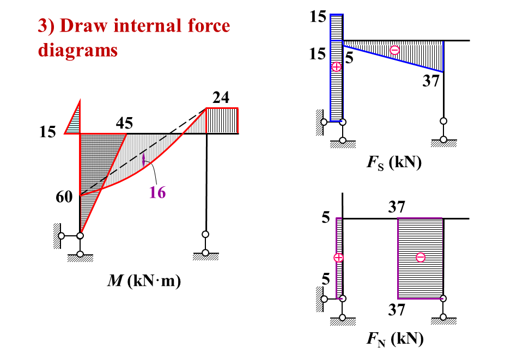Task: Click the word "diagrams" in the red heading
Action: (78, 50)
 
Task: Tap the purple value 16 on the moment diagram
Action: (158, 192)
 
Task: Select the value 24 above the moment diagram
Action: (221, 98)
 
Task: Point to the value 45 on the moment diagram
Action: (124, 124)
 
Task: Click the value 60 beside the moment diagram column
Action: (64, 197)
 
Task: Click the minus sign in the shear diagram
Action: (395, 50)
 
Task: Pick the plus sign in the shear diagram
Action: (336, 66)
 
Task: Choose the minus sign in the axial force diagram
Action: (420, 257)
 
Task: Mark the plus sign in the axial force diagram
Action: (339, 257)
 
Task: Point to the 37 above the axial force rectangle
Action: (397, 207)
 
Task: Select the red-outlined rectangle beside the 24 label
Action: (222, 120)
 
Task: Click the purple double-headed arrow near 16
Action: (143, 160)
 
